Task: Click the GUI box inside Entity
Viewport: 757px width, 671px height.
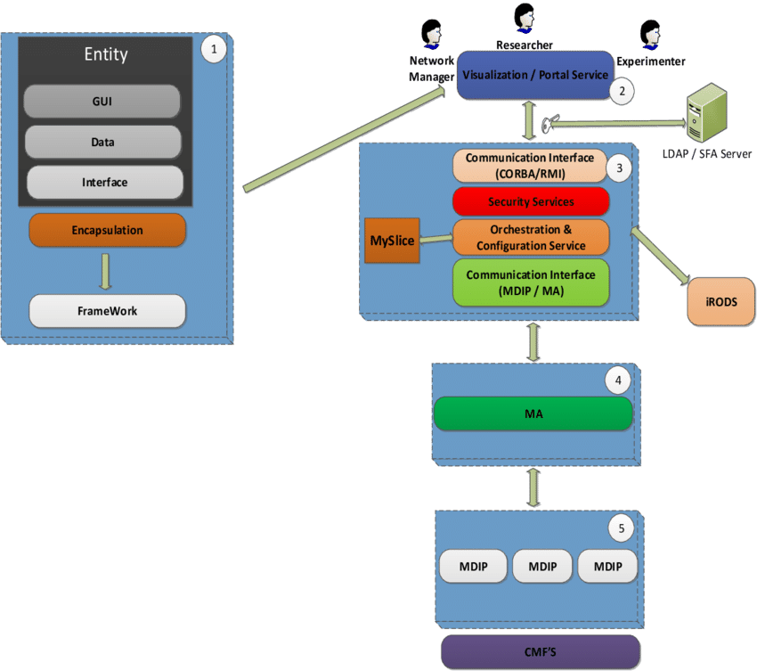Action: coord(102,102)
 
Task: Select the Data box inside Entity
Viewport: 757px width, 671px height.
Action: coord(102,142)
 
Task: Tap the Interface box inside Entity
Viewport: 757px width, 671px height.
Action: coord(104,182)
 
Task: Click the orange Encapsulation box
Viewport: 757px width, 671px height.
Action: coord(107,230)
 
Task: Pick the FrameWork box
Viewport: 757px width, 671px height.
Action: coord(107,311)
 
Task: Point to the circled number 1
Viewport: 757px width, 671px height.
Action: coord(213,48)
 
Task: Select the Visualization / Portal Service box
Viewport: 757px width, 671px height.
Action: coord(534,76)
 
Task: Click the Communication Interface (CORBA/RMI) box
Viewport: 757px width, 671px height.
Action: coord(530,165)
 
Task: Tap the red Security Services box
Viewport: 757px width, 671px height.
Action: coord(531,201)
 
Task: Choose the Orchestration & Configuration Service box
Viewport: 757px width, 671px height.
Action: coord(531,238)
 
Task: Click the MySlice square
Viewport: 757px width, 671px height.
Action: coord(392,240)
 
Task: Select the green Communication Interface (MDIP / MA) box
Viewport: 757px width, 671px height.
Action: coord(531,282)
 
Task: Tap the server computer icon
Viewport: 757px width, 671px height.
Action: coord(702,113)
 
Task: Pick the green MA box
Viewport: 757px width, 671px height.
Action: coord(533,414)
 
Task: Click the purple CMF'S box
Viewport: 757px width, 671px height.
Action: coord(541,652)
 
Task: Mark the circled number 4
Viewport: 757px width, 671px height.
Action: coord(618,381)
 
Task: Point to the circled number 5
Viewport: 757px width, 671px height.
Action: coord(621,528)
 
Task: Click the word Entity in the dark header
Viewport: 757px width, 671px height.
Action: coord(106,54)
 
